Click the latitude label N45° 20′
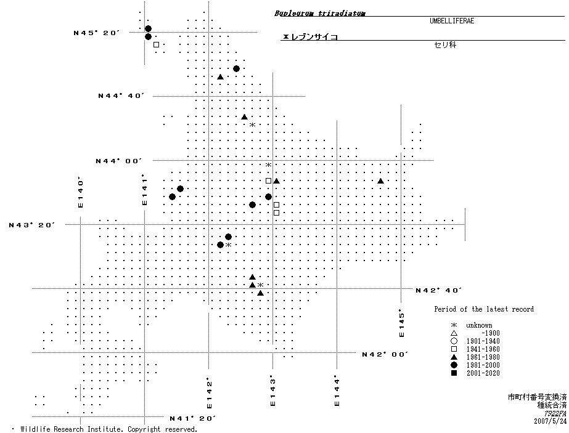(x=96, y=33)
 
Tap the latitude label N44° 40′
(x=121, y=95)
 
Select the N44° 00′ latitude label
(x=118, y=161)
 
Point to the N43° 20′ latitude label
(x=32, y=225)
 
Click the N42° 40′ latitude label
(x=439, y=289)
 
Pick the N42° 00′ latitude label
(x=385, y=354)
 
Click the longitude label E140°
(x=81, y=192)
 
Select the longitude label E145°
(x=401, y=323)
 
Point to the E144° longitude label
(x=337, y=391)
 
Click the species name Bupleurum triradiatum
(x=319, y=12)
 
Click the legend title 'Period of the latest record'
(x=484, y=309)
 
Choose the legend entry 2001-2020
(x=483, y=373)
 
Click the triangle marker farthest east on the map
(x=380, y=181)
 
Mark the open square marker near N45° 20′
(x=156, y=44)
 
